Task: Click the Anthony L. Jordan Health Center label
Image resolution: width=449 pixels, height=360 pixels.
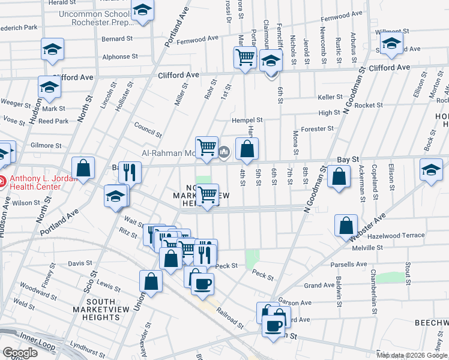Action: pos(36,182)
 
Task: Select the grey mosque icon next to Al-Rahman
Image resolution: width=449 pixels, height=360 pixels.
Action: pos(224,152)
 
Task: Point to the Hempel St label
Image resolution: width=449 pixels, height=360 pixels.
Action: pos(248,120)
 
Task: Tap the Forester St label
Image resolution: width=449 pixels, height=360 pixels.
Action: pos(318,128)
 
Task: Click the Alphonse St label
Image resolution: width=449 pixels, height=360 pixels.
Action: pos(120,57)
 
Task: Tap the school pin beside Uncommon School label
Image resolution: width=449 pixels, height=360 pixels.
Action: pos(143,10)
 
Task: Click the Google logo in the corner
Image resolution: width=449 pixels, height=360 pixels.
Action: pos(20,353)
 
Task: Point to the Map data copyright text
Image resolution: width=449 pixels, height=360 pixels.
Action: pos(412,355)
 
